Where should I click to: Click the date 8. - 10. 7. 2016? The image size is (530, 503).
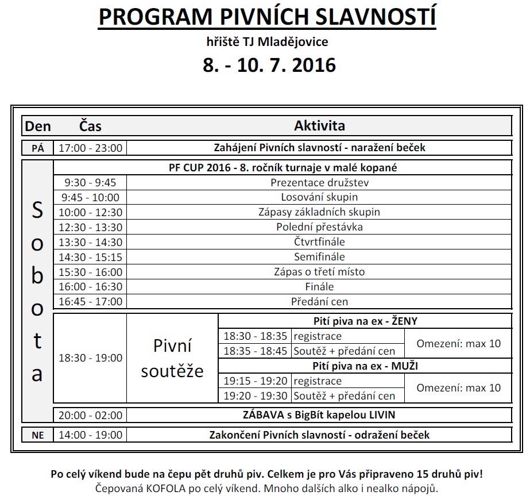click(269, 64)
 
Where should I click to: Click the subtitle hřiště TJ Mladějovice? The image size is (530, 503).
click(267, 41)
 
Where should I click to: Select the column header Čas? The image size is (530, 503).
click(91, 126)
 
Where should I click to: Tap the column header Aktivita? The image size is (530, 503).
click(319, 125)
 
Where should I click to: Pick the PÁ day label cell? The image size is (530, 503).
click(37, 148)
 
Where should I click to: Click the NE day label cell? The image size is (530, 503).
click(37, 435)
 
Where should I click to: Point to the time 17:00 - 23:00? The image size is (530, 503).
click(90, 148)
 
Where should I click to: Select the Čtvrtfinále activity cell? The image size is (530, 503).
click(319, 242)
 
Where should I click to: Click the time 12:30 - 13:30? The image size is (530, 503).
click(90, 227)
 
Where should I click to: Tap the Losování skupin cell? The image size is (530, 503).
click(319, 197)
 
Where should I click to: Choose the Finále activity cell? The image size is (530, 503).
click(319, 286)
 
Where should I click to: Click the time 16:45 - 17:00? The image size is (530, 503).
click(90, 301)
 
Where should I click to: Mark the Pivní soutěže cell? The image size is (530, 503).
click(172, 358)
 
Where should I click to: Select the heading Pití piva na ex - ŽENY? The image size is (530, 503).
click(365, 321)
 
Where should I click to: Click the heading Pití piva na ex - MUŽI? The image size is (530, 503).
click(365, 366)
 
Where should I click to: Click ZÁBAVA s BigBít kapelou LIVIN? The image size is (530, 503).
click(319, 414)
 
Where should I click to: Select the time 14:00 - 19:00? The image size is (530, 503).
click(90, 435)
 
